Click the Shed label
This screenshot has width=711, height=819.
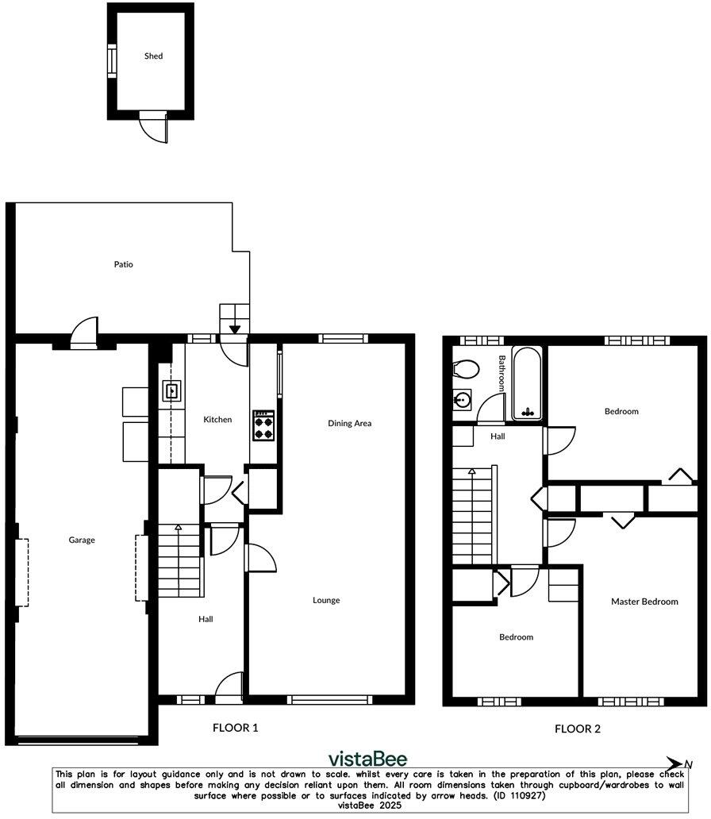[x=153, y=56]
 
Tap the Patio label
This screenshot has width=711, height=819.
[x=123, y=264]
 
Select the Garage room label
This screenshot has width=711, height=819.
[x=82, y=540]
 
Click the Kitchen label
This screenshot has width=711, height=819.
[x=217, y=419]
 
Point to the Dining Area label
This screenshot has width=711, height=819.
[x=350, y=423]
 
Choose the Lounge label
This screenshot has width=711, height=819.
[x=326, y=600]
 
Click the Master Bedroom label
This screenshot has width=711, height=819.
[x=644, y=602]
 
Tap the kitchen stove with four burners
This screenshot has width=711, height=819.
[x=263, y=425]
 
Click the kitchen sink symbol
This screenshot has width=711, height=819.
[x=172, y=390]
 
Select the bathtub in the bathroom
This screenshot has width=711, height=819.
[x=527, y=383]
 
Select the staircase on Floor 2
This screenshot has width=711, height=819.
[x=473, y=516]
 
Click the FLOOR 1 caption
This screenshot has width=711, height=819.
[x=235, y=727]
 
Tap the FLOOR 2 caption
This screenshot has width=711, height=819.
[x=577, y=729]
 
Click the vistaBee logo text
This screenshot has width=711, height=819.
[x=367, y=759]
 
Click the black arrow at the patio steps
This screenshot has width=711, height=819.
[x=234, y=329]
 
